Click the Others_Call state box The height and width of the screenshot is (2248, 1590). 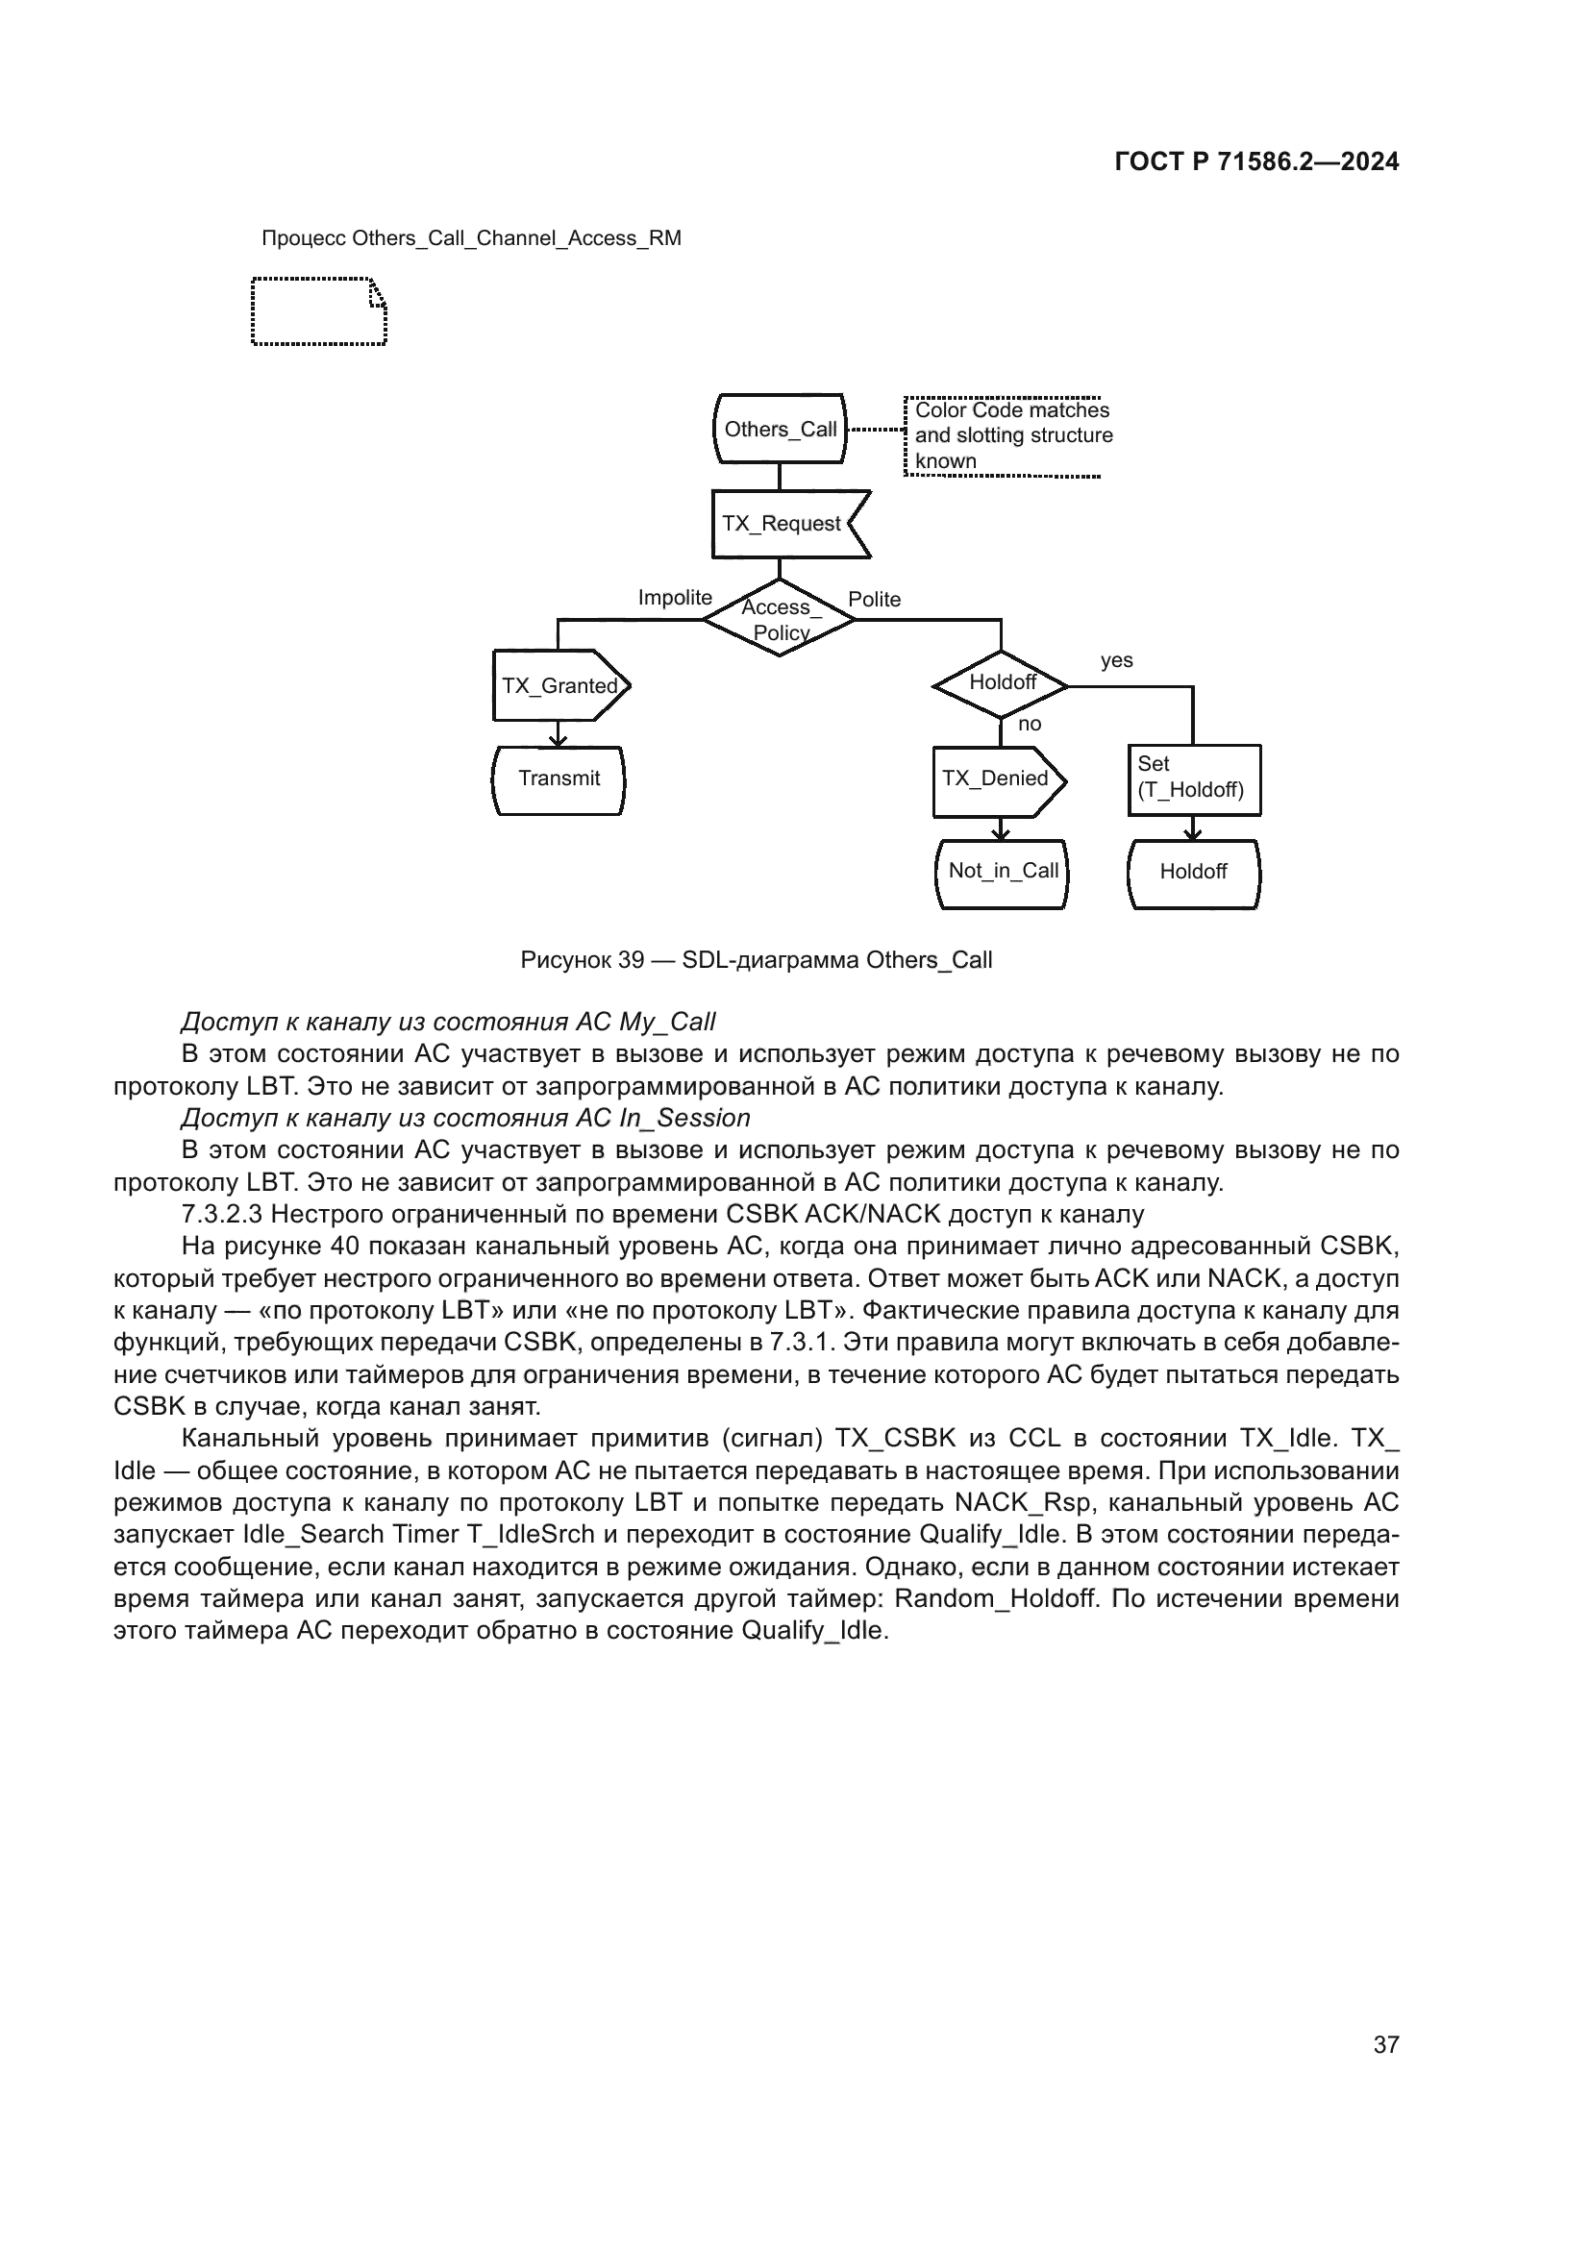coord(780,429)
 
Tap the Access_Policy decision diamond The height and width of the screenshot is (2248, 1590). coord(780,620)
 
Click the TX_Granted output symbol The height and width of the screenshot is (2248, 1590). coord(560,685)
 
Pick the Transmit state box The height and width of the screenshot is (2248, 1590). coord(559,779)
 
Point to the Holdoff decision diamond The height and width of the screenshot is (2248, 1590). coord(1001,684)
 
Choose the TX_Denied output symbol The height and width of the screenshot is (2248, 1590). coord(997,780)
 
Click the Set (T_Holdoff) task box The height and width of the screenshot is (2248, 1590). coord(1194,779)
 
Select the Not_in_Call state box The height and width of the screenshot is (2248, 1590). coord(1003,873)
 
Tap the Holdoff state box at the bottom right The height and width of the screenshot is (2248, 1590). coord(1194,873)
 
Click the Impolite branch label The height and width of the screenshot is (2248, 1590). coord(675,598)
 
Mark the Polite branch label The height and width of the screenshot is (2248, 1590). coord(874,600)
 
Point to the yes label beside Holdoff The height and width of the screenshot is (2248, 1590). coord(1116,661)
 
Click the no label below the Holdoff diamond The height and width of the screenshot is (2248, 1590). coord(1029,725)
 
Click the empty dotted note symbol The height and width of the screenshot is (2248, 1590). coord(319,312)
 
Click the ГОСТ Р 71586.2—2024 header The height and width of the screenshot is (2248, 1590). coord(1256,162)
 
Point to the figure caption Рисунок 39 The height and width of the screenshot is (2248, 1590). coord(756,960)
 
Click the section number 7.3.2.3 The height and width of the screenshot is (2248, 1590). coord(222,1215)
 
